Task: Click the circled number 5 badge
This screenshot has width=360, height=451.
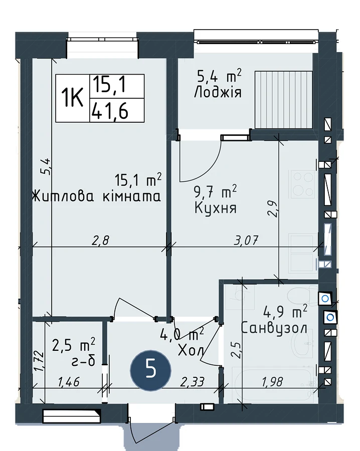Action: click(x=151, y=370)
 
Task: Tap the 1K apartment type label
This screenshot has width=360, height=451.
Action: click(x=73, y=99)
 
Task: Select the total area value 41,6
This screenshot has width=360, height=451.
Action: click(x=109, y=111)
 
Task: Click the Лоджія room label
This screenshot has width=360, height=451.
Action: click(x=218, y=93)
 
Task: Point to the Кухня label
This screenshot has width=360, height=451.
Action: click(x=216, y=207)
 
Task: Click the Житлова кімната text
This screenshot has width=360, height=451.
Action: click(x=96, y=197)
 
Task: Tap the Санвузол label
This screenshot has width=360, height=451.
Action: click(x=274, y=328)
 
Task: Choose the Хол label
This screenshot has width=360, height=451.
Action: click(x=191, y=350)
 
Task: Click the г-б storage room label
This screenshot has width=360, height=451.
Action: click(x=83, y=361)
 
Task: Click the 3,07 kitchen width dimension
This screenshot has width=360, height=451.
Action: click(x=246, y=240)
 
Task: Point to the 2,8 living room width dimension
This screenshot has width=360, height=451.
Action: click(x=100, y=240)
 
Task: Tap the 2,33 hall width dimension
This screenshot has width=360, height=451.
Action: click(x=192, y=382)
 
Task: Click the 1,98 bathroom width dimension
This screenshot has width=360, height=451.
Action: click(x=272, y=382)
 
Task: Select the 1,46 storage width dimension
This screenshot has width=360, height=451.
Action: click(x=69, y=382)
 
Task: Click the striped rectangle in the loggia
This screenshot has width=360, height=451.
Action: click(x=283, y=100)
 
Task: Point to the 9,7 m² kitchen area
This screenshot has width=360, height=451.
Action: click(x=216, y=191)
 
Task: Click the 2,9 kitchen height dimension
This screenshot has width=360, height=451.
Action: click(x=273, y=209)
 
